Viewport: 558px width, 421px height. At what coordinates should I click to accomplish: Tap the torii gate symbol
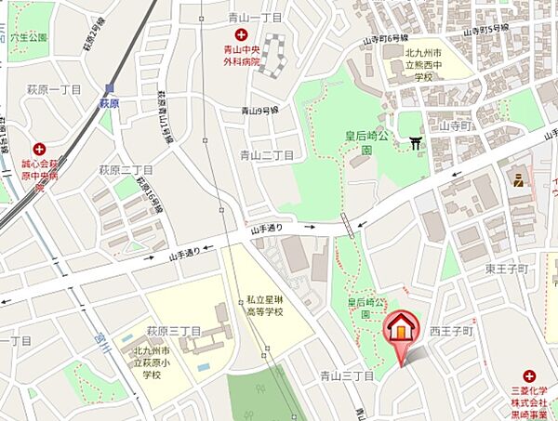click(415, 142)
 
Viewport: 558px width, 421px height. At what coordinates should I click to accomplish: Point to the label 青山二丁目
click(267, 155)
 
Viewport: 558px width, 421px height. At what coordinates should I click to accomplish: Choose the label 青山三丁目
click(347, 376)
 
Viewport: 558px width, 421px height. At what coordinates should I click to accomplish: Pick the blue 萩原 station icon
click(109, 90)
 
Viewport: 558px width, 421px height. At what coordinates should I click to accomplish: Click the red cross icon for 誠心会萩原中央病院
click(39, 149)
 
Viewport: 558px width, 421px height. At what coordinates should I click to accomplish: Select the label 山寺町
click(457, 125)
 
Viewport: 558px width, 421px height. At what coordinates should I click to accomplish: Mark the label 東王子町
click(506, 269)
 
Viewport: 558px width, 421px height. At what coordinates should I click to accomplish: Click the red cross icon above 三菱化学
click(529, 376)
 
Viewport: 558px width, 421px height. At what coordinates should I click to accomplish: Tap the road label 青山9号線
click(260, 111)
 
